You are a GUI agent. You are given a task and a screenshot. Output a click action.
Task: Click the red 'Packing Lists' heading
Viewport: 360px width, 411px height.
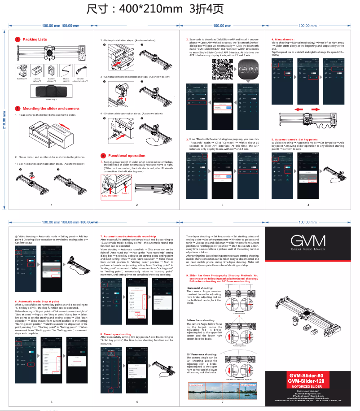35,39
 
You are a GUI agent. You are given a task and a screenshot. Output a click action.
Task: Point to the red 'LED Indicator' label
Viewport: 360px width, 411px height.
110,196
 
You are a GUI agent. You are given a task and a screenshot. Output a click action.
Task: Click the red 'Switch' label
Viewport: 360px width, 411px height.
125,193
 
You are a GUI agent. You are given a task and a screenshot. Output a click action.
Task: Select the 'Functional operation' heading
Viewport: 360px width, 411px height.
127,156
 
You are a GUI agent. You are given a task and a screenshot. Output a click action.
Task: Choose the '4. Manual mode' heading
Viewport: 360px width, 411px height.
283,39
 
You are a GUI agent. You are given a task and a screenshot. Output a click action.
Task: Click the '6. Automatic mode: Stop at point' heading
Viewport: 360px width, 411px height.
37,302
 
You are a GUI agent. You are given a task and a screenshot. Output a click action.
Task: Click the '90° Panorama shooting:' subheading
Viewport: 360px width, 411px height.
202,354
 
